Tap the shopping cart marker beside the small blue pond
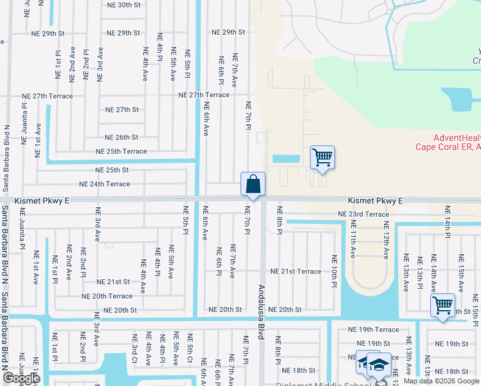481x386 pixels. pyautogui.click(x=322, y=158)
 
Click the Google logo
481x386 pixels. pyautogui.click(x=21, y=378)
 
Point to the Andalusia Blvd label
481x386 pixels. pyautogui.click(x=262, y=309)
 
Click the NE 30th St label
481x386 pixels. pyautogui.click(x=123, y=5)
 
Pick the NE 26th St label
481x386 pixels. pyautogui.click(x=122, y=137)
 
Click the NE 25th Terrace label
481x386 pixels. pyautogui.click(x=121, y=151)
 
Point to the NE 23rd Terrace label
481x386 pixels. pyautogui.click(x=363, y=214)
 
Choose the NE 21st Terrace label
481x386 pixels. pyautogui.click(x=295, y=271)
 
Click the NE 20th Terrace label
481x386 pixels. pyautogui.click(x=107, y=296)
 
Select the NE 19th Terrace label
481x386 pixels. pyautogui.click(x=377, y=329)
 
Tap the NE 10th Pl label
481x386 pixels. pyautogui.click(x=334, y=271)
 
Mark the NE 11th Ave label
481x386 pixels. pyautogui.click(x=353, y=239)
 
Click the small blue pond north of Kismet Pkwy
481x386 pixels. pyautogui.click(x=286, y=159)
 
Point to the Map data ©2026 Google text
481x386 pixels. pyautogui.click(x=441, y=381)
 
